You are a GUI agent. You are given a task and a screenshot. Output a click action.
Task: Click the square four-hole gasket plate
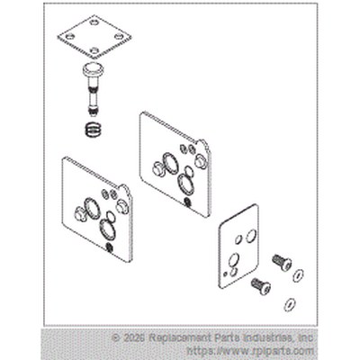coord(94,37)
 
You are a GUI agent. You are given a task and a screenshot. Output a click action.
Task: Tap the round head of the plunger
coord(93,70)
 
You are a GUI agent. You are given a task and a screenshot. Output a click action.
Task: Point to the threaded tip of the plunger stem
coord(94,112)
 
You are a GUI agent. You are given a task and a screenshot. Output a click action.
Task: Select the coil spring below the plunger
coord(94,130)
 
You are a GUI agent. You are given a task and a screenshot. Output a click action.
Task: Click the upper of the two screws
coord(282,262)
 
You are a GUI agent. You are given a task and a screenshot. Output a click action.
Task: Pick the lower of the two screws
coord(261,285)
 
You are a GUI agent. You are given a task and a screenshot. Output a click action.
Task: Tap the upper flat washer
coord(298,274)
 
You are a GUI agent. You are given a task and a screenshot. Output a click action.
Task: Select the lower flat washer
coord(290,304)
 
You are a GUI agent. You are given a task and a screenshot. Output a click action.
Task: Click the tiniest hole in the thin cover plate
coord(225,274)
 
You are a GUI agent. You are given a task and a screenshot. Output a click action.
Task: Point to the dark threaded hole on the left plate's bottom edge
coord(110,247)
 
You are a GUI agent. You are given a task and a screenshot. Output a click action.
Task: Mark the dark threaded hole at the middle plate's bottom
coord(187,202)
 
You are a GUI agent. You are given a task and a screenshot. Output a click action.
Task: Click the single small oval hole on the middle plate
coord(189,171)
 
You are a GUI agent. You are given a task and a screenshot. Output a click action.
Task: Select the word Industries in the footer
coord(269,338)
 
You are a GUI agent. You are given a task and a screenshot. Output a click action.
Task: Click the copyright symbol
coord(115,338)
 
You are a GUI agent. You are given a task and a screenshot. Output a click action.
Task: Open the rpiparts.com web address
coord(250,351)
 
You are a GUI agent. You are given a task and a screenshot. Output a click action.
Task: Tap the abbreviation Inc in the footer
coord(306,338)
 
